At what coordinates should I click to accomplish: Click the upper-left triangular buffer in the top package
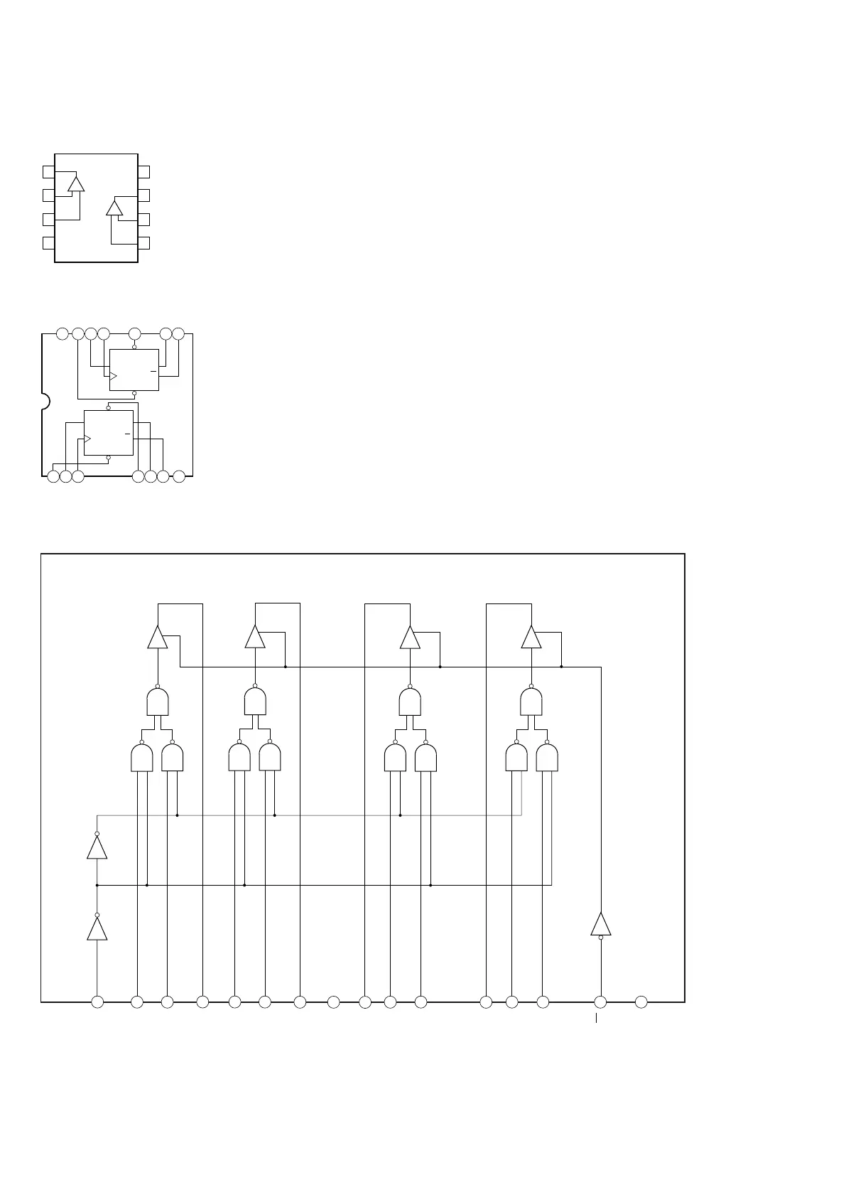point(76,184)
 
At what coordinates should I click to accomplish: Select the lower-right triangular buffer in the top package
point(114,208)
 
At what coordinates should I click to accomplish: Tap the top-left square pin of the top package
point(48,171)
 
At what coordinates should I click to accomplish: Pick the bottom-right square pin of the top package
point(144,243)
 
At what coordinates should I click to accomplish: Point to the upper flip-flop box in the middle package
point(134,370)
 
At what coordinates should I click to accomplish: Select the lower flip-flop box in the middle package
point(108,432)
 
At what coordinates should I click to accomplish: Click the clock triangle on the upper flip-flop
point(112,376)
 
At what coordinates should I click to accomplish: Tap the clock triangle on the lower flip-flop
point(87,439)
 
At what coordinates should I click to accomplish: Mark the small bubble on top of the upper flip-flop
point(134,347)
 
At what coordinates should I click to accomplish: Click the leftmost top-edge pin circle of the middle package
point(63,333)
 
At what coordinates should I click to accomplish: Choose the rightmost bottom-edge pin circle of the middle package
point(179,476)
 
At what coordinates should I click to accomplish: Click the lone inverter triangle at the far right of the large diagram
point(601,924)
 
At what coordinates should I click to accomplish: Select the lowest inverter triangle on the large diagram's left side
point(97,928)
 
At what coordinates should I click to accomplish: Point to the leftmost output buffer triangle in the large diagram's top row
point(158,638)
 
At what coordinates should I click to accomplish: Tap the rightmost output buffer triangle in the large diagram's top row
point(531,638)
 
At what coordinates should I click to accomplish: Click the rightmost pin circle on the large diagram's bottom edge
point(641,1002)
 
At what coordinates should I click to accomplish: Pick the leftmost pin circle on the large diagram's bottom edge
point(97,1002)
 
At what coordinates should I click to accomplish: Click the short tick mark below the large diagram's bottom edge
point(596,1019)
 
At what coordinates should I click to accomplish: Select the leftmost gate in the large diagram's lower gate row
point(142,758)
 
